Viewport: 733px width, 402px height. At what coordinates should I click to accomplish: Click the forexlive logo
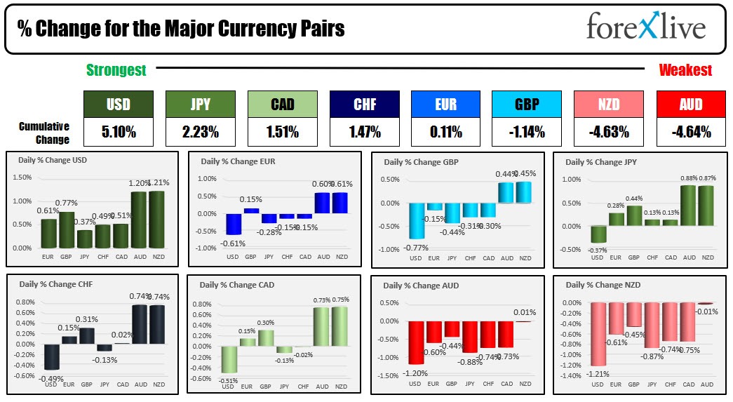(x=645, y=27)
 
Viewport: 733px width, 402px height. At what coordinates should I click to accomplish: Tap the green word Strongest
(x=116, y=69)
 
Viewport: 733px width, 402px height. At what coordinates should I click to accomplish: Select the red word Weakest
(x=685, y=69)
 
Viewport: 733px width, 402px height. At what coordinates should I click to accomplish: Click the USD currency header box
(x=118, y=105)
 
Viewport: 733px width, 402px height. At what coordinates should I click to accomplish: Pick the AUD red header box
(x=691, y=105)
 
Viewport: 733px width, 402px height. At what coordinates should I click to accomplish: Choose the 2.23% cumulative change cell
(x=199, y=131)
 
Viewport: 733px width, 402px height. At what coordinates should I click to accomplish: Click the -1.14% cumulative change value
(x=527, y=131)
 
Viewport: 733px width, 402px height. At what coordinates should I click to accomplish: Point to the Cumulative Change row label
(x=43, y=133)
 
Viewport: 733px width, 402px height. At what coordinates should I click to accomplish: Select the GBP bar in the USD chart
(x=67, y=229)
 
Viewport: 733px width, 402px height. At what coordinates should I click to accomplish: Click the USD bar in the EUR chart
(x=234, y=224)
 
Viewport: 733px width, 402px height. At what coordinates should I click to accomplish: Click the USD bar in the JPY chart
(x=598, y=234)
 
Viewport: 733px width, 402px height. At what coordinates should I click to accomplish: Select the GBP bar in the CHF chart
(x=86, y=336)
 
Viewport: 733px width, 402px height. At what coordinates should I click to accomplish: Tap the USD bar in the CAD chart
(x=229, y=359)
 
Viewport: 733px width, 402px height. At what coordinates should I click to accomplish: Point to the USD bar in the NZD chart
(x=598, y=334)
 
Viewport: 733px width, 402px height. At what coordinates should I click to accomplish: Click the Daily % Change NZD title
(x=598, y=285)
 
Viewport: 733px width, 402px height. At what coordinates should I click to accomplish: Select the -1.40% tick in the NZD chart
(x=571, y=376)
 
